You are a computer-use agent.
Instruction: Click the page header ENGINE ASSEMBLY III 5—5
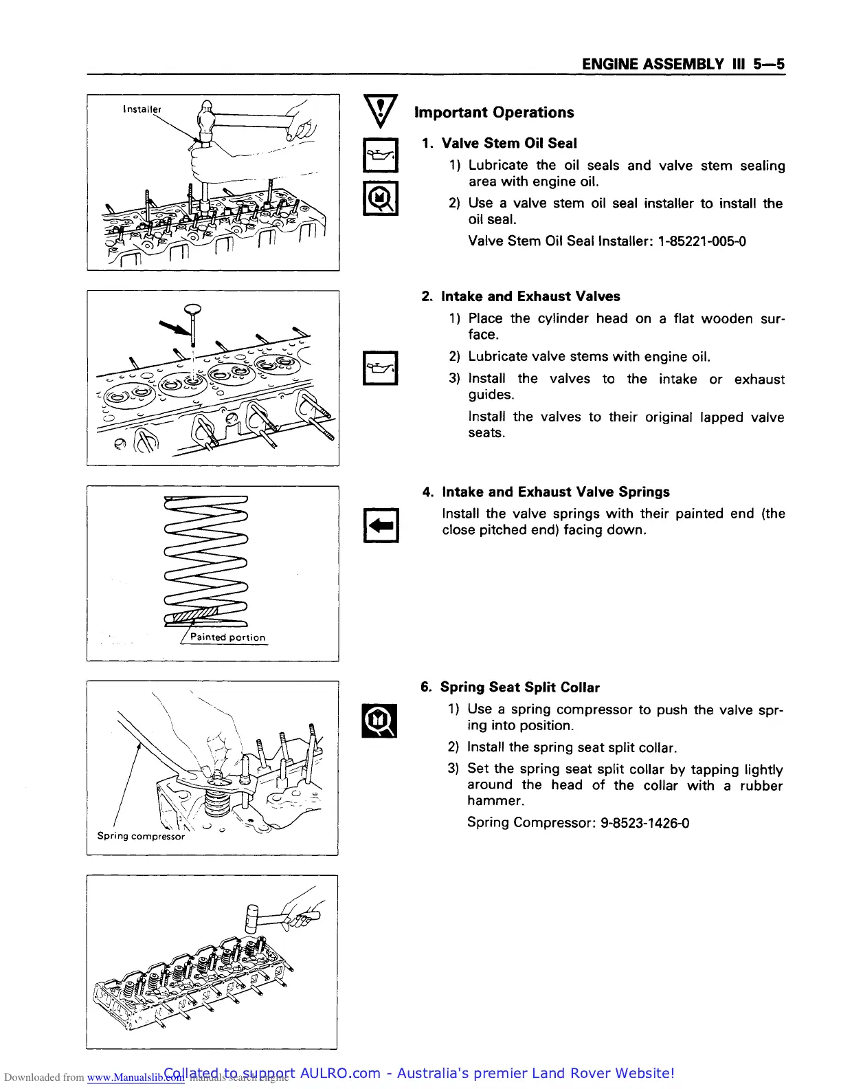click(682, 65)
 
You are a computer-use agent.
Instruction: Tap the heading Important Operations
click(494, 113)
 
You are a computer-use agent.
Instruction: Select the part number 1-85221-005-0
click(702, 241)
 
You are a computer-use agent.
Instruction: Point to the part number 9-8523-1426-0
click(644, 823)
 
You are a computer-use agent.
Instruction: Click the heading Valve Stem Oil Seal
click(509, 144)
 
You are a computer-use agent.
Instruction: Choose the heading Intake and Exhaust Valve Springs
click(556, 492)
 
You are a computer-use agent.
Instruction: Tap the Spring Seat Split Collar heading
click(519, 687)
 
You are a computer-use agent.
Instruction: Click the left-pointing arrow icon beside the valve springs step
click(380, 526)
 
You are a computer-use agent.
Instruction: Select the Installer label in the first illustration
click(142, 109)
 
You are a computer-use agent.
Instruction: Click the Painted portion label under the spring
click(227, 637)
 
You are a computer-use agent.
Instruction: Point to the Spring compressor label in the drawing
click(141, 837)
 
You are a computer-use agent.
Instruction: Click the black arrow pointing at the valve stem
click(173, 325)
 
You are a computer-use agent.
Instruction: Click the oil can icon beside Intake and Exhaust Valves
click(380, 368)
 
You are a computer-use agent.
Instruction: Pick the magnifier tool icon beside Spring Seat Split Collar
click(380, 720)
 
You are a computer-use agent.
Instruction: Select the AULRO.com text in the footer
click(340, 1074)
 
